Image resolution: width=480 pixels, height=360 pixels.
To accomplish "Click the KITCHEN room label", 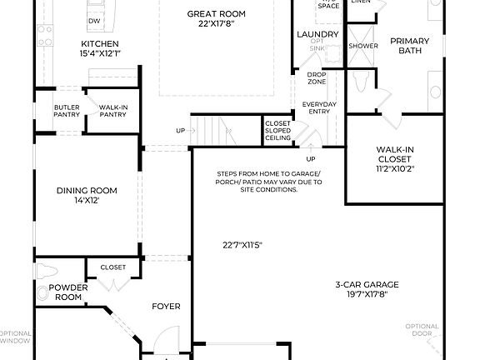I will [99, 43].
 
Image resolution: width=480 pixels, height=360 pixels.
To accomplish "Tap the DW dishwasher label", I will [94, 20].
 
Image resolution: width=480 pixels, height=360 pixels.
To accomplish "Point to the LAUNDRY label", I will [317, 34].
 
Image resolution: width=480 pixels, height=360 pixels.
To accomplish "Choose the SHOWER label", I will [362, 46].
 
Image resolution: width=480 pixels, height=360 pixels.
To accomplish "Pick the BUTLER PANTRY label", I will [67, 111].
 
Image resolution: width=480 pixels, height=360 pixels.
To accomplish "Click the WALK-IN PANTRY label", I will [112, 111].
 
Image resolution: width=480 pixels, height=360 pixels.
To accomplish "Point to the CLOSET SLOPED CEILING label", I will [277, 130].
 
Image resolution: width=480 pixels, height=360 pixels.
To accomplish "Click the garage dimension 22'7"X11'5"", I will [242, 245].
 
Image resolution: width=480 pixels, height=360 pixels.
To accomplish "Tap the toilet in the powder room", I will [45, 271].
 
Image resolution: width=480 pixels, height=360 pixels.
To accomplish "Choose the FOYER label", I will [166, 306].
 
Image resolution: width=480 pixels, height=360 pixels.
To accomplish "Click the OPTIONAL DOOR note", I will [421, 330].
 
